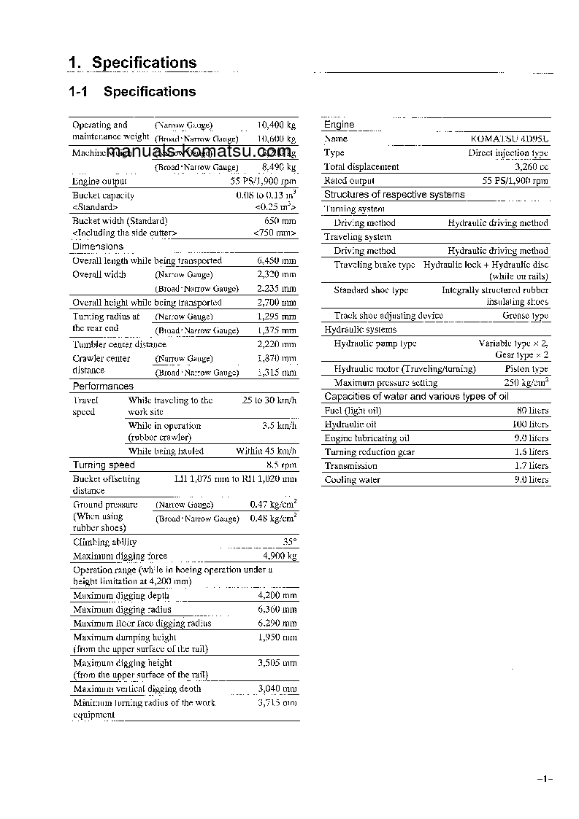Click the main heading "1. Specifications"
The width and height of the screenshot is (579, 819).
pos(132,63)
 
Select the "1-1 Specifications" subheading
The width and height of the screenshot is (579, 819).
pos(132,92)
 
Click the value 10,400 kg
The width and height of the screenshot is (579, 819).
pos(277,125)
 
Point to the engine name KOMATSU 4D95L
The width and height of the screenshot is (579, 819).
pos(510,139)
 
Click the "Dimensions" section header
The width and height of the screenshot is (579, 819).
pos(98,247)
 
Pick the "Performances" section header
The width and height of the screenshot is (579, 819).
pos(103,387)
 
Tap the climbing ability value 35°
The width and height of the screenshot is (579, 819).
pos(289,542)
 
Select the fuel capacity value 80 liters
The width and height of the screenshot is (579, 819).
pos(532,411)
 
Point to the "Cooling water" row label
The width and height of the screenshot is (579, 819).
pos(352,480)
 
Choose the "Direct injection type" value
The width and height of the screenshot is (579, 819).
pos(507,153)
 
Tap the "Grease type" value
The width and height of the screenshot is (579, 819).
pos(525,316)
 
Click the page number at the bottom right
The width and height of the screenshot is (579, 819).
pos(545,780)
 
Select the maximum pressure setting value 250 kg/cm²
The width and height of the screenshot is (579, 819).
pos(526,382)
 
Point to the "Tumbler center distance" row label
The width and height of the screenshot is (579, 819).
pos(118,344)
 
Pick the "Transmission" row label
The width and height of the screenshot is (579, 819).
pos(350,466)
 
